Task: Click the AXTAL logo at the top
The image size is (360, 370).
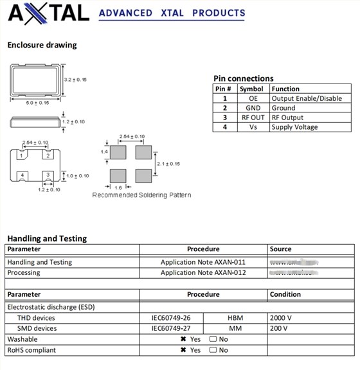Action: coord(48,12)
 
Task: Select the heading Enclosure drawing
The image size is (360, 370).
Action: coord(42,45)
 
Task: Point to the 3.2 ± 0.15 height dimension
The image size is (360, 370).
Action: coord(76,79)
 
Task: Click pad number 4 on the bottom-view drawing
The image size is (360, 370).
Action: coord(22,175)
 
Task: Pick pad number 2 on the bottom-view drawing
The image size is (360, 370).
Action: coord(47,155)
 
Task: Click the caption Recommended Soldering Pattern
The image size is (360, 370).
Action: coord(141,195)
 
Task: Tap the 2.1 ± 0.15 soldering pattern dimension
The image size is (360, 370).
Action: coord(168,164)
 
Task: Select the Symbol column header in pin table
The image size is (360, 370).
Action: coord(251,89)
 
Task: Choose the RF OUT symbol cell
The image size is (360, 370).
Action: coord(253,118)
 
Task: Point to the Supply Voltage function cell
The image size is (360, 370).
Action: coord(294,127)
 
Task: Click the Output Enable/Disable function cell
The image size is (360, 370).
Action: coord(306,98)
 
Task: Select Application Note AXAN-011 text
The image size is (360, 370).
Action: coord(203,262)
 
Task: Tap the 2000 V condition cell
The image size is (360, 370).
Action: coord(282,318)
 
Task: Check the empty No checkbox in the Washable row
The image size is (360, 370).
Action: coord(213,339)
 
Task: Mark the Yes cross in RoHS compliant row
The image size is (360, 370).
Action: coord(183,350)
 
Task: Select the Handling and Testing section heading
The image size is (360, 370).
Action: coord(47,238)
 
